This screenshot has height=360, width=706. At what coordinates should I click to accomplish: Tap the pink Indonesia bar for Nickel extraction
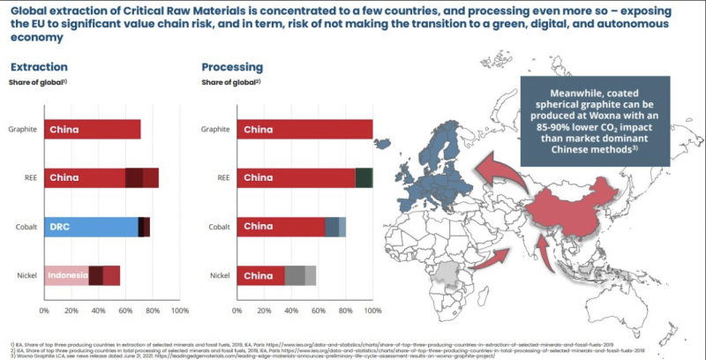tap(66, 275)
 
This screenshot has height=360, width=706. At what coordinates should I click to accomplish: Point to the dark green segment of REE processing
tap(364, 177)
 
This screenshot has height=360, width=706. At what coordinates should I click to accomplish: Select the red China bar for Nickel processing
tap(263, 275)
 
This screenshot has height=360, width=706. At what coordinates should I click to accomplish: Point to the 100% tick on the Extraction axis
tap(179, 311)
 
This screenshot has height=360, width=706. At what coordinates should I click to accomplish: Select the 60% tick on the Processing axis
tap(320, 311)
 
